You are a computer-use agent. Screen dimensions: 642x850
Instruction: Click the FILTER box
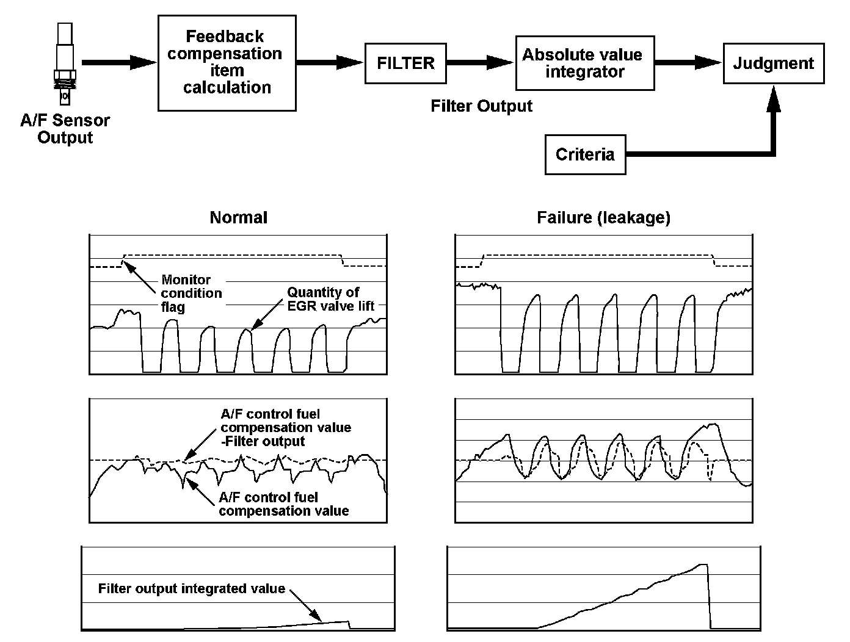tap(405, 63)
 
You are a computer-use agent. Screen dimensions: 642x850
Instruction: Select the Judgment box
tap(773, 63)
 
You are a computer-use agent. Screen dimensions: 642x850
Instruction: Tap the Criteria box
tap(585, 154)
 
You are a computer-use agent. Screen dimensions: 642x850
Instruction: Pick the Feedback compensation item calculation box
tap(227, 62)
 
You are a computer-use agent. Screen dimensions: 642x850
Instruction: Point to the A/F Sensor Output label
tap(65, 129)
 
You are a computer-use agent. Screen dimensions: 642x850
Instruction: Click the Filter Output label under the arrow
tap(481, 106)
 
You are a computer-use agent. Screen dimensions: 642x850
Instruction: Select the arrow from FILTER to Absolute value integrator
tap(480, 62)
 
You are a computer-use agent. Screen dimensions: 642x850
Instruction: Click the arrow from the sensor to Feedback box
tap(118, 62)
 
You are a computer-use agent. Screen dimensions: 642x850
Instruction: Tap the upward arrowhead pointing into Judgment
tap(774, 98)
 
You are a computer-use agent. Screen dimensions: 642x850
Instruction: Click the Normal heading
tap(238, 217)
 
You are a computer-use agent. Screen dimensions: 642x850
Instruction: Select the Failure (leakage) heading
tap(603, 217)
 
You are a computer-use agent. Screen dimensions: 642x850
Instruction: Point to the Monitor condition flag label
tap(191, 294)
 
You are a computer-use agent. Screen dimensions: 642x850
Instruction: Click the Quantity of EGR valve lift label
tap(330, 299)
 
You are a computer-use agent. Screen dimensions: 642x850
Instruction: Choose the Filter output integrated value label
tap(192, 589)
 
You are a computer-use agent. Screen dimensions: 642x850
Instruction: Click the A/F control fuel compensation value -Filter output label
tap(285, 427)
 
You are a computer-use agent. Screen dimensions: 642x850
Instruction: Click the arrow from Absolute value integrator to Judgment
tap(688, 62)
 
